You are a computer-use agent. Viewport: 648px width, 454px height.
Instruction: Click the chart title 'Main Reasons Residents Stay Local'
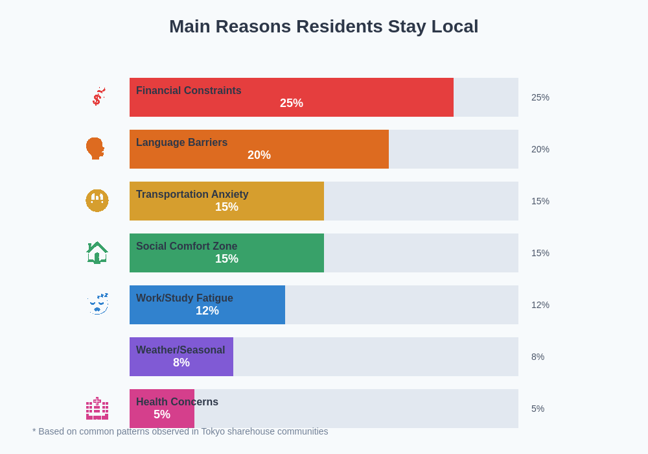click(x=323, y=27)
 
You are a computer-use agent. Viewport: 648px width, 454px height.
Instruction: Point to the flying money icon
click(x=98, y=97)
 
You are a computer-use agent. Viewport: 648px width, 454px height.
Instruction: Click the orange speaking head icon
click(x=95, y=149)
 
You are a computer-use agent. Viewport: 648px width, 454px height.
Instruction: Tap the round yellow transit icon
click(x=97, y=200)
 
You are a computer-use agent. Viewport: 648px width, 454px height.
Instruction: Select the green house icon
click(x=97, y=252)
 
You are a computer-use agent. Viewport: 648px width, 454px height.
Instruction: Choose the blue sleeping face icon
click(x=98, y=304)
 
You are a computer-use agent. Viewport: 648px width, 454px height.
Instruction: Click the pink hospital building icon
click(x=97, y=409)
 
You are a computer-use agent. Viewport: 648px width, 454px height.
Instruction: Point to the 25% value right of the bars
click(x=540, y=97)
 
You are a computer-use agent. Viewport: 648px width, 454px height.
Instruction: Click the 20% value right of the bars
click(x=540, y=149)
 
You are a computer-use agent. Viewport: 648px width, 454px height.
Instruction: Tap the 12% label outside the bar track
click(x=540, y=305)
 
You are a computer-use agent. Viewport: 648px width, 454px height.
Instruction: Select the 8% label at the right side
click(x=538, y=357)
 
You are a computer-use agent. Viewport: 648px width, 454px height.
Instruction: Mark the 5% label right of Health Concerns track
click(x=538, y=409)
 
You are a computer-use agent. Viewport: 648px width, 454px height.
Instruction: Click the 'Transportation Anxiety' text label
click(x=192, y=195)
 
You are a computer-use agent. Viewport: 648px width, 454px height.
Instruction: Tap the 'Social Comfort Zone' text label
click(x=187, y=246)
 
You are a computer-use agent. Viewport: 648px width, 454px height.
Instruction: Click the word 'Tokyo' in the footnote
click(x=213, y=431)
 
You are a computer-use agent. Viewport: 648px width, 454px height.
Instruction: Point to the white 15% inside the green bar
click(x=227, y=259)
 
